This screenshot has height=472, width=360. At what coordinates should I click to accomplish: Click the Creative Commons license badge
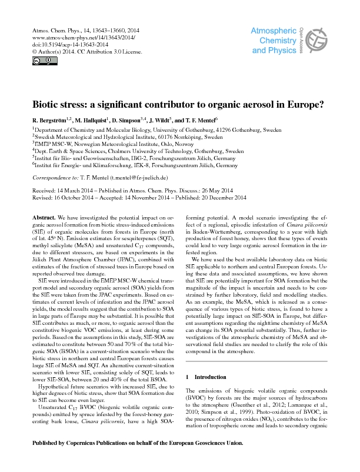click(x=39, y=60)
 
